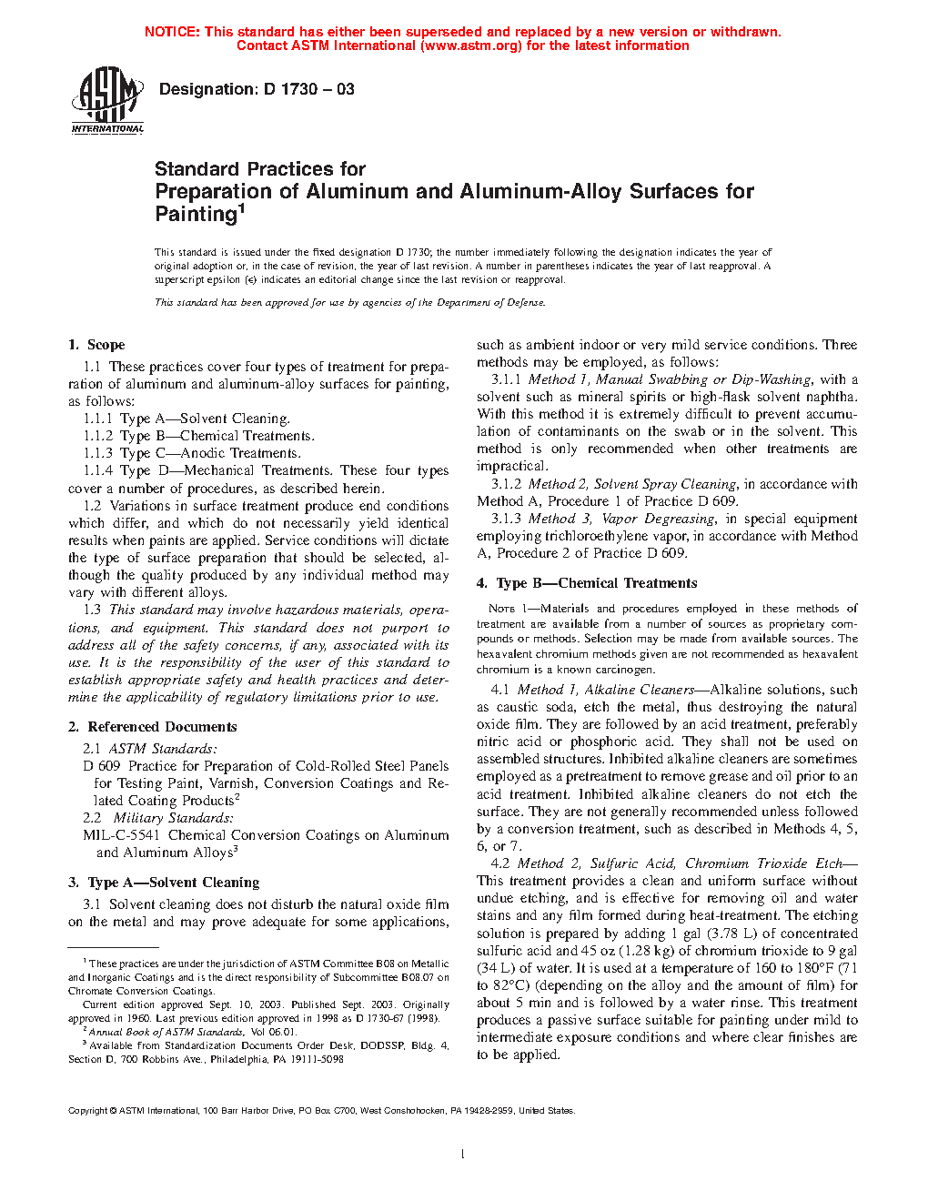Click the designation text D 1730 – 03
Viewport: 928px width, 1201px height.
pos(256,89)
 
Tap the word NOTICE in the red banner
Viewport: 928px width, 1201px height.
pos(172,32)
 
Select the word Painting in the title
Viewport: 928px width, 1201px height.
pos(196,215)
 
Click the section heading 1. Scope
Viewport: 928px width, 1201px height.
pos(96,345)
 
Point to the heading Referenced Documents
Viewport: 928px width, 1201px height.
pos(162,727)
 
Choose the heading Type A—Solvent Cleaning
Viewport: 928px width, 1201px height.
pos(173,883)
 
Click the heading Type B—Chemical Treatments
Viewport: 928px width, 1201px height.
pos(597,583)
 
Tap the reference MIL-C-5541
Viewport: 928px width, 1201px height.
pos(121,835)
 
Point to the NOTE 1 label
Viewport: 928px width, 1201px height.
pos(501,609)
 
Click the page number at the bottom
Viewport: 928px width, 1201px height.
pos(463,1155)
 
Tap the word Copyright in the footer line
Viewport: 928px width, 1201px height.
pos(88,1110)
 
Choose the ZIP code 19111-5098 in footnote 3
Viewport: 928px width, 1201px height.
pos(318,1059)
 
